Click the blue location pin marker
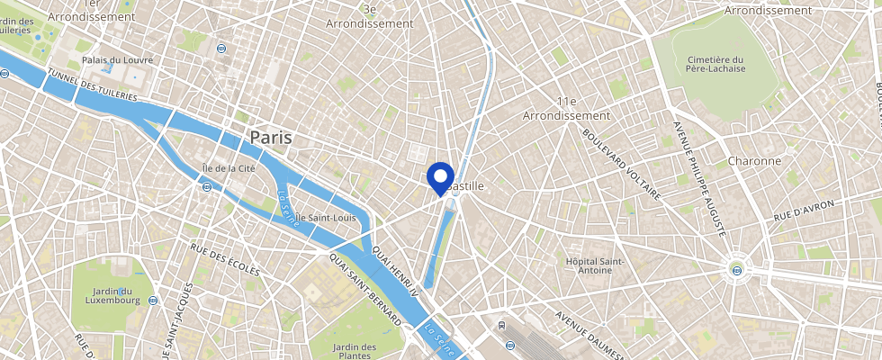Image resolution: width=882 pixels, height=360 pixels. (x=440, y=176)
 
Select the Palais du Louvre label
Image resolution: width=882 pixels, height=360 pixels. (x=117, y=60)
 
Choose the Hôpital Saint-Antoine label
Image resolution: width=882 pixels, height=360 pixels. (x=594, y=265)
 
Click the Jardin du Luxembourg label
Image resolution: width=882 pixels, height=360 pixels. (x=117, y=296)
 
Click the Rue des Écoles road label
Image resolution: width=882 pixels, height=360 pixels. (x=224, y=259)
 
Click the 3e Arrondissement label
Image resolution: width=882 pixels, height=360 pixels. (x=369, y=16)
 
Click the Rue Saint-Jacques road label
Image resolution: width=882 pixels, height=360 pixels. (x=178, y=314)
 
